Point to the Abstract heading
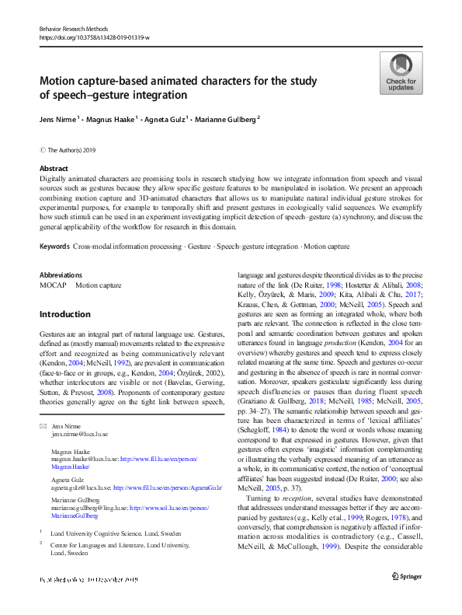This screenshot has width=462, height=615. click(54, 169)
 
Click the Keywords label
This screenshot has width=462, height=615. click(54, 246)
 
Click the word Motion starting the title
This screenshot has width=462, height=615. click(60, 81)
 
